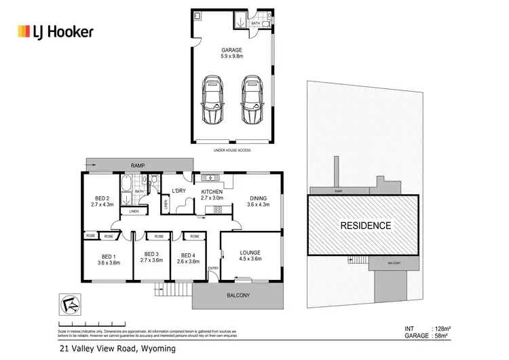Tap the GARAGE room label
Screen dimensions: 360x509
click(232, 50)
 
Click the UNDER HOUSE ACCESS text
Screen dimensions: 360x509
click(232, 149)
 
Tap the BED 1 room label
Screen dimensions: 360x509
click(108, 258)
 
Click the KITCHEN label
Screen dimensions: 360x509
click(212, 192)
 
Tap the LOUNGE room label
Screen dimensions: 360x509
click(250, 254)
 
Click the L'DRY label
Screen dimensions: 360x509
click(179, 191)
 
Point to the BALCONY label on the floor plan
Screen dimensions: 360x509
click(238, 295)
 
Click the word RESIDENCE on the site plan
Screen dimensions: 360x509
click(364, 225)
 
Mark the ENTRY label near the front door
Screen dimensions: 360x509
click(214, 268)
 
